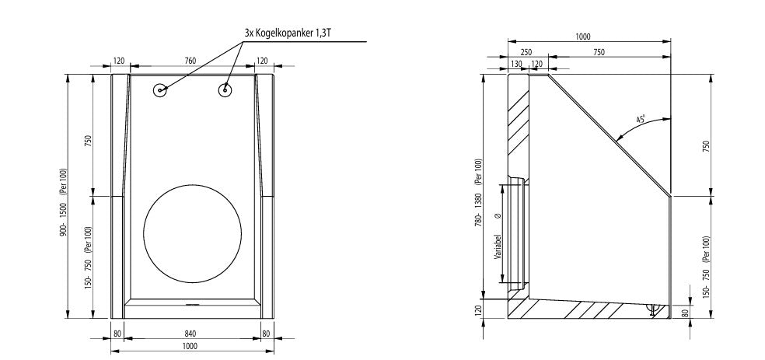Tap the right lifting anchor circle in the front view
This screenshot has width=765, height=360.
225,90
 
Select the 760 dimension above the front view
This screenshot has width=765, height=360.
190,61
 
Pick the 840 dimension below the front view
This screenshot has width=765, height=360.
190,333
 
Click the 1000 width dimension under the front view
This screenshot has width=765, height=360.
190,347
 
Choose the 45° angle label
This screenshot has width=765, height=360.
641,120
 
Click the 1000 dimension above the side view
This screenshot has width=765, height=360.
583,36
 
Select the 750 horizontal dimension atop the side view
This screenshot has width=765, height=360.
599,51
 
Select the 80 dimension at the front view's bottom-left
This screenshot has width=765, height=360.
117,333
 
